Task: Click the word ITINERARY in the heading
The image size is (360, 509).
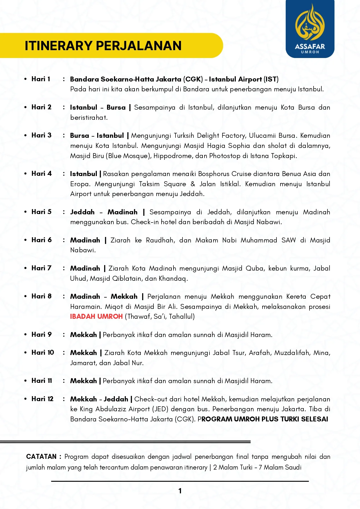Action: [x=58, y=46]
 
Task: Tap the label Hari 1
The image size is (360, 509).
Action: [x=41, y=79]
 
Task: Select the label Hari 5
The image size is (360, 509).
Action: [x=41, y=212]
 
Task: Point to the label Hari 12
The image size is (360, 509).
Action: [x=43, y=399]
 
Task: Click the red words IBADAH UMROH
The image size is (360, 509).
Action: [x=96, y=316]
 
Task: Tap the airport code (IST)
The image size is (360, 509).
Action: [x=271, y=79]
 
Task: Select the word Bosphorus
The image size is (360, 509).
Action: [x=214, y=174]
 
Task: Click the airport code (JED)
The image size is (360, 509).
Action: [x=160, y=409]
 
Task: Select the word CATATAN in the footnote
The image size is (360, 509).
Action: [x=41, y=457]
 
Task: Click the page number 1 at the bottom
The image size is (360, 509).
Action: [x=180, y=491]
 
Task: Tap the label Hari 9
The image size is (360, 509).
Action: [x=41, y=335]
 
